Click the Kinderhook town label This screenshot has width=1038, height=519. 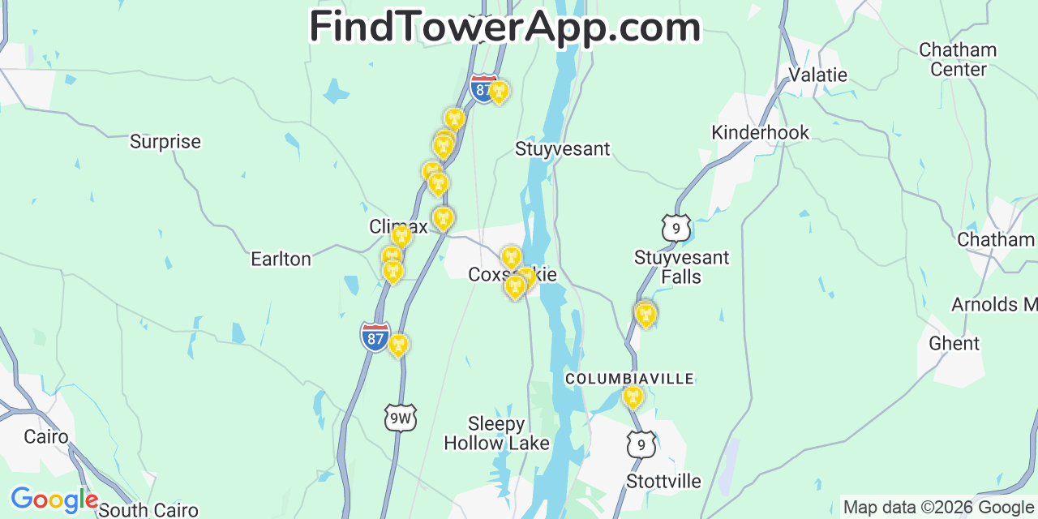760,132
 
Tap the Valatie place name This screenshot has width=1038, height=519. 818,75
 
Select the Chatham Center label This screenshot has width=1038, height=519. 958,59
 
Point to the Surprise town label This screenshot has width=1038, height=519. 165,142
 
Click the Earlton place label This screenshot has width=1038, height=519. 281,259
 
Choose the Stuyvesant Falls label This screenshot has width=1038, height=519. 681,267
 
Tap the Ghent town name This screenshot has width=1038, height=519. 954,343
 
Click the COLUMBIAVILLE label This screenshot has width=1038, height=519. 629,379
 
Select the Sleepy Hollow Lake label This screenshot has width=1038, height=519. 496,433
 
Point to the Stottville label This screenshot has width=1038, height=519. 663,481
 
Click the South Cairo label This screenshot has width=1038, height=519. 148,510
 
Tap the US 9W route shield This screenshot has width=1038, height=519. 400,418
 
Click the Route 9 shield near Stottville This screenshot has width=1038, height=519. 641,444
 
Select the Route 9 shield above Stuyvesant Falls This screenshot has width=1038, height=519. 676,228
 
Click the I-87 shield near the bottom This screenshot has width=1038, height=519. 375,337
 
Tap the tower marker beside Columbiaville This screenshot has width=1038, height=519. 633,397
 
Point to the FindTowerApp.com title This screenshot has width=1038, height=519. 504,27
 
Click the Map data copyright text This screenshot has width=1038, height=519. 938,508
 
